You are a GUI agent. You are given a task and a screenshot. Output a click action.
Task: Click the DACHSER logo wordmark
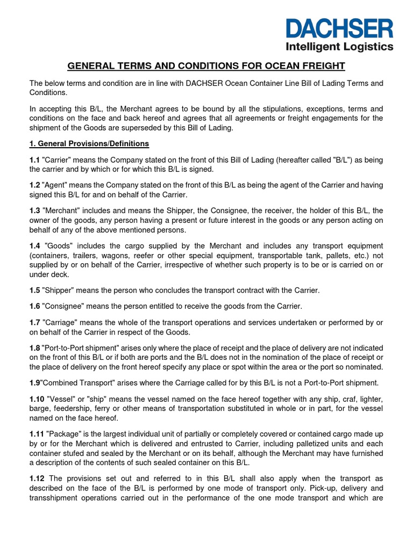[x=339, y=28]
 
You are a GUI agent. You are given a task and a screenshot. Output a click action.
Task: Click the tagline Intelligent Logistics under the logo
[x=339, y=47]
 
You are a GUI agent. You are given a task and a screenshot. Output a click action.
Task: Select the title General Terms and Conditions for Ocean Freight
[x=206, y=66]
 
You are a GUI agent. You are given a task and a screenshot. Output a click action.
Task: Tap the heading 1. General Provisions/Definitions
[x=89, y=144]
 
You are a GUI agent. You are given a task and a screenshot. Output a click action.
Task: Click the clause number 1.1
[x=34, y=161]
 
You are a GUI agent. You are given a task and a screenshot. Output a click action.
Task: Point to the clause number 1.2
[x=34, y=185]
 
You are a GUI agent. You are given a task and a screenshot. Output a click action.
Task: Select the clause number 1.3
[x=34, y=211]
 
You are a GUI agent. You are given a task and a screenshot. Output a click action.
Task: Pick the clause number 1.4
[x=34, y=245]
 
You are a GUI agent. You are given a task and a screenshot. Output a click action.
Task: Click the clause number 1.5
[x=34, y=290]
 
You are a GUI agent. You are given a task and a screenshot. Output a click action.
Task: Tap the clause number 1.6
[x=34, y=306]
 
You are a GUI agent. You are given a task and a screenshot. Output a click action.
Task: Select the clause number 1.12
[x=37, y=478]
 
